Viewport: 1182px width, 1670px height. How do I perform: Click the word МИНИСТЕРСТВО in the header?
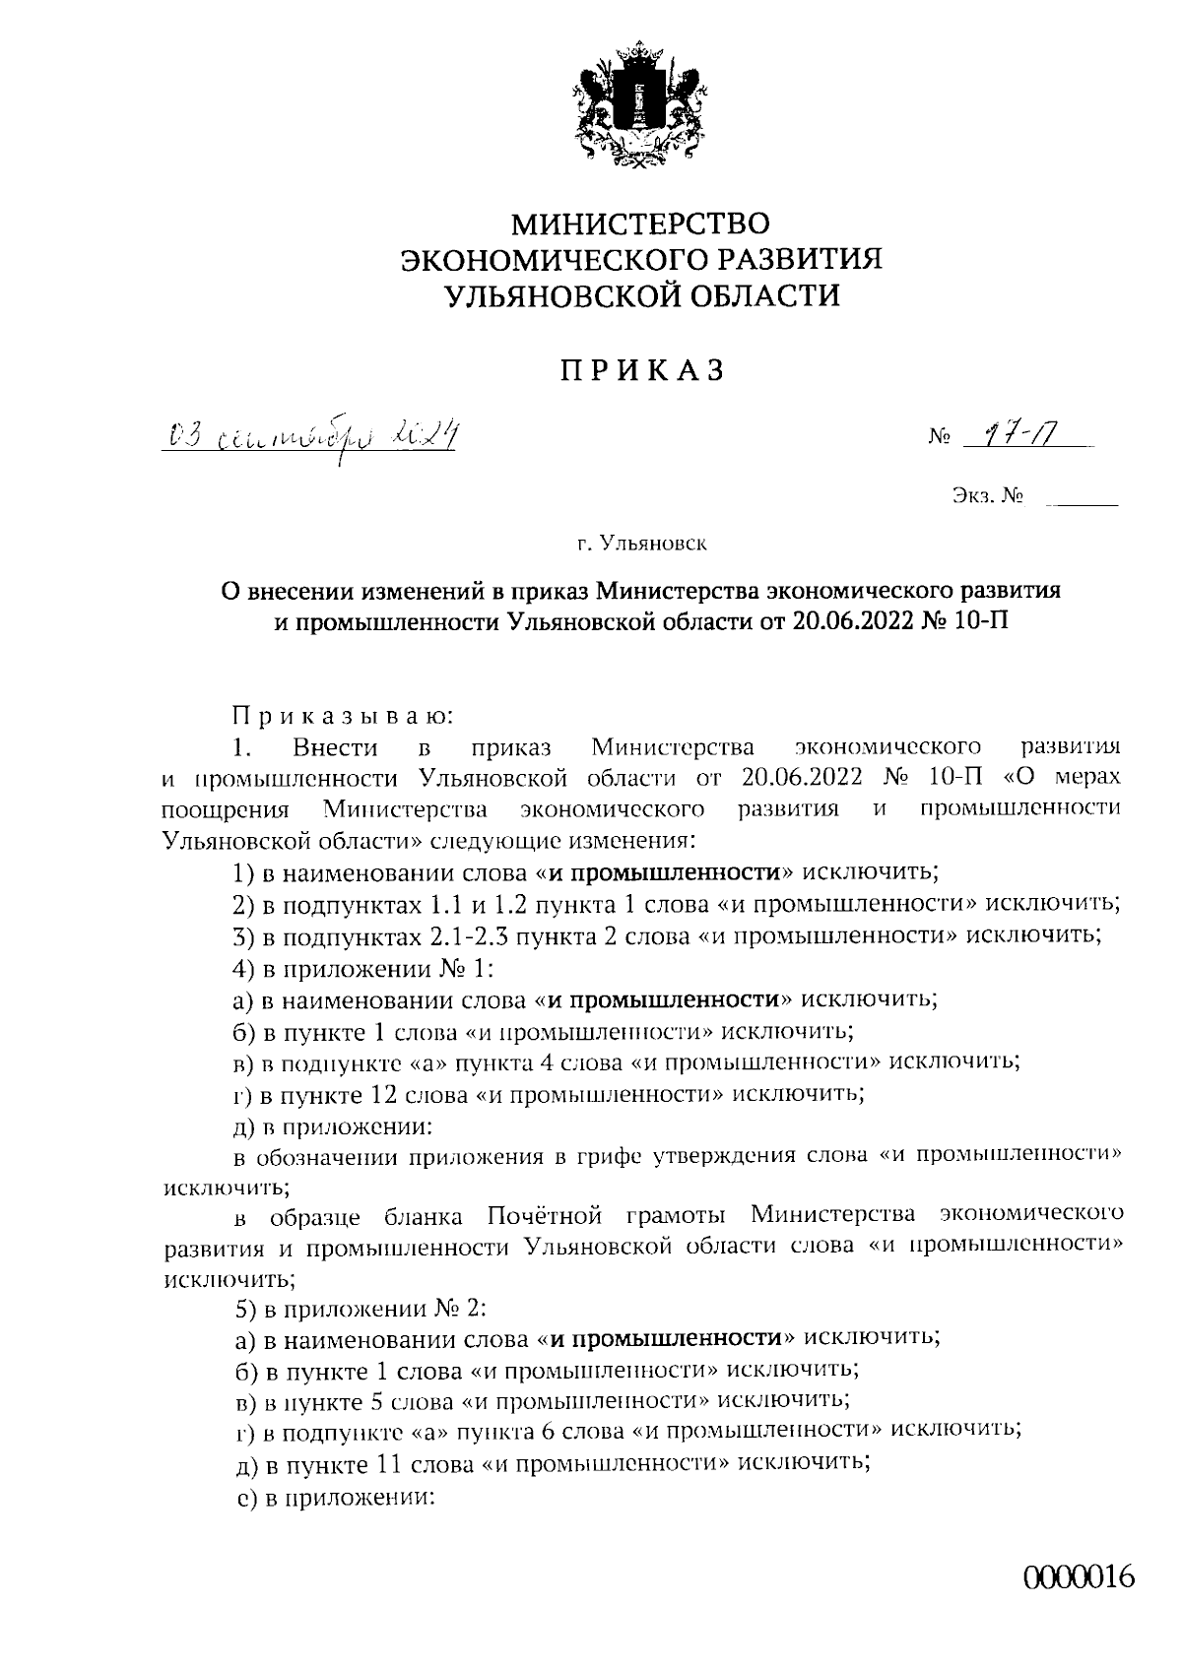click(x=639, y=225)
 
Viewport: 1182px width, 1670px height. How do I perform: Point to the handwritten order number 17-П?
click(x=1024, y=432)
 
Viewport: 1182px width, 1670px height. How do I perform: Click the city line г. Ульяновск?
click(x=642, y=542)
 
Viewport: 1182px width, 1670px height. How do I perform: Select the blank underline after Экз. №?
click(x=1083, y=503)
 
